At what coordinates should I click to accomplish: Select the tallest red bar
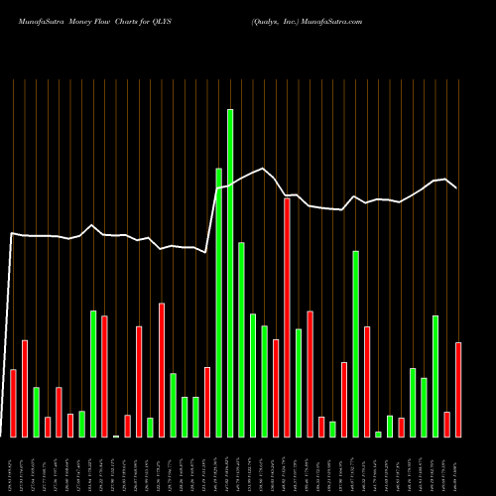coord(287,317)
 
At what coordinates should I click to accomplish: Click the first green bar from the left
coord(36,412)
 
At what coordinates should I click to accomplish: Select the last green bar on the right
coord(434,376)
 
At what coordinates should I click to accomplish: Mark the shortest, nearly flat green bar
coord(116,435)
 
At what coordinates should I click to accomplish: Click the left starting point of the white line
coord(11,234)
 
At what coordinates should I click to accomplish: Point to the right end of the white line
coord(456,187)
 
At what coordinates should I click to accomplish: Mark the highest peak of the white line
coord(264,169)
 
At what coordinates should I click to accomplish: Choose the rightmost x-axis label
coord(458,466)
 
